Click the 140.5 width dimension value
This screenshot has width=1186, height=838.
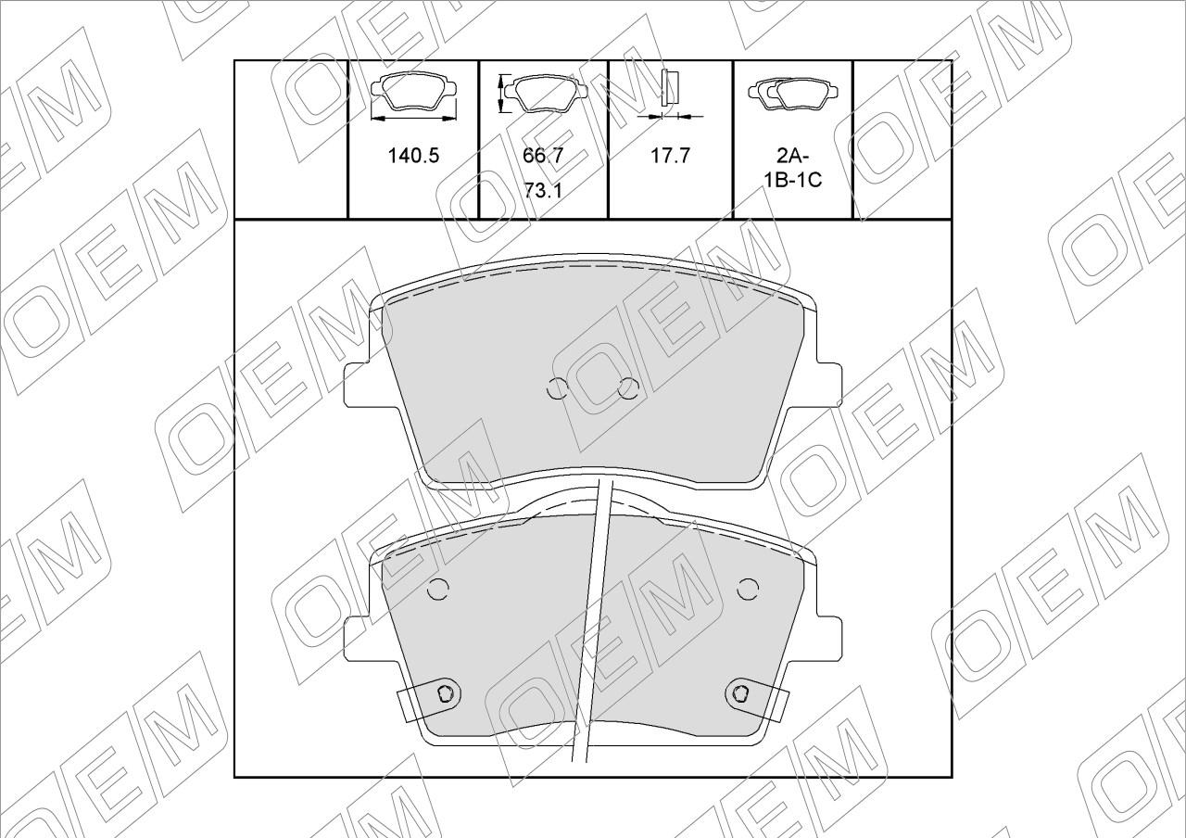click(x=413, y=156)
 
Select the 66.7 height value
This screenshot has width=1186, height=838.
click(x=543, y=156)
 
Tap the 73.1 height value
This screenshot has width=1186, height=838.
click(x=543, y=191)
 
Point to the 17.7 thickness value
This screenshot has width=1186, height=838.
click(x=670, y=156)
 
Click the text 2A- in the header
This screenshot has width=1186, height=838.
click(x=792, y=157)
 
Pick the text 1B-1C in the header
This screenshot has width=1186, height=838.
click(x=792, y=180)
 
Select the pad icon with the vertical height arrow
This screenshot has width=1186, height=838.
click(x=542, y=94)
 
